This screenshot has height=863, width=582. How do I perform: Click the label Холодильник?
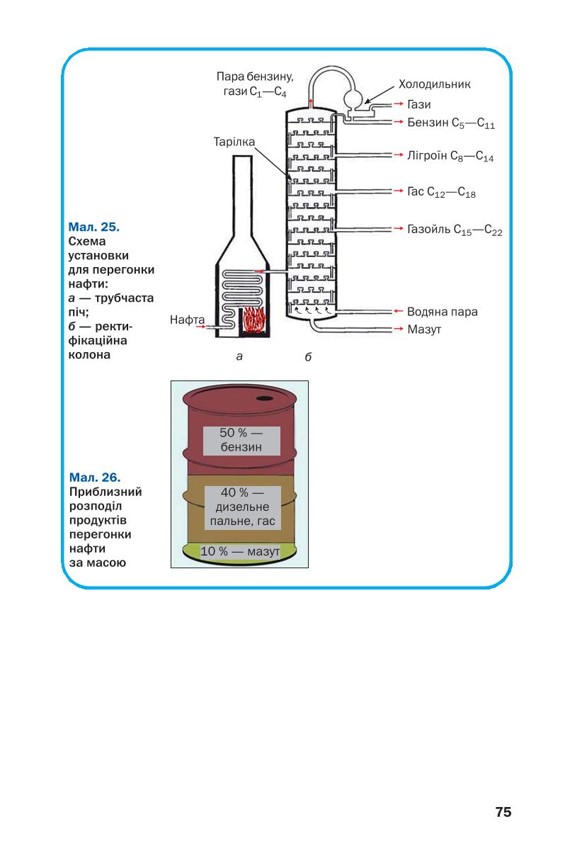[434, 84]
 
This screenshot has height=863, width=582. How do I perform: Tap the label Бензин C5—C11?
[451, 123]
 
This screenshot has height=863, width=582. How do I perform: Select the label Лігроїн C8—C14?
[450, 156]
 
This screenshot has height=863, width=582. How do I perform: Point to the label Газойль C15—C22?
[455, 230]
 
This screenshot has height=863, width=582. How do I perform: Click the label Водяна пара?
[443, 312]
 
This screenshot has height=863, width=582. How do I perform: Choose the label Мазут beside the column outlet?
[424, 329]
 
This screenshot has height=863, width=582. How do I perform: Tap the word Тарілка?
[234, 142]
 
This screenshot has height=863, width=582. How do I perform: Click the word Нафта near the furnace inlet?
[187, 320]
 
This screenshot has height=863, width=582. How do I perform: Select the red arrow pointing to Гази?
[398, 104]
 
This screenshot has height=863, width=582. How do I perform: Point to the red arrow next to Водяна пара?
[398, 311]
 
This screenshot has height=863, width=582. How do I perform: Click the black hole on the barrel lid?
[264, 398]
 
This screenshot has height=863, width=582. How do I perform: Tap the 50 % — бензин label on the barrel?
[241, 440]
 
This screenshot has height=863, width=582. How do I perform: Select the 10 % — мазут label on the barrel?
[240, 551]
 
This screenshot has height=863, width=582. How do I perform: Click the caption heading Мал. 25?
[94, 227]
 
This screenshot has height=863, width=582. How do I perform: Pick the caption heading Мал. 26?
[95, 478]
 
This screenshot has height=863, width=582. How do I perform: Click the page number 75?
[503, 812]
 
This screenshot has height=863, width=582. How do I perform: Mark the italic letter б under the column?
[308, 357]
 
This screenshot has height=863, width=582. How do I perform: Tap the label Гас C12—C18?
[442, 192]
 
